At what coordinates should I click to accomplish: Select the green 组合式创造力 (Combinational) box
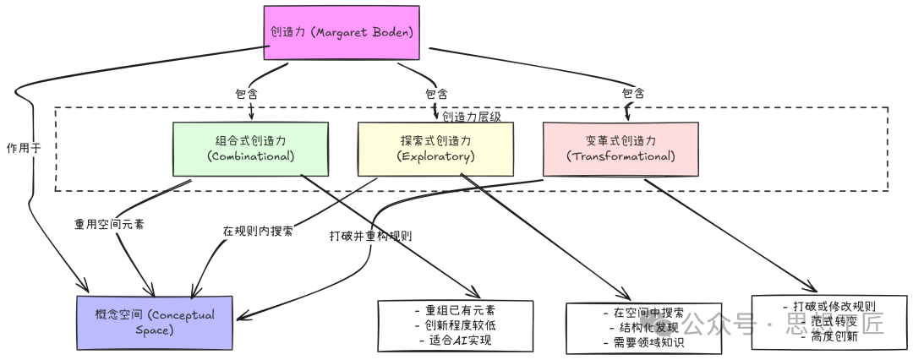click(250, 149)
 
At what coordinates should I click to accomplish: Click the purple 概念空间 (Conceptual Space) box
click(155, 322)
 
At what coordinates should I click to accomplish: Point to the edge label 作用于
click(23, 147)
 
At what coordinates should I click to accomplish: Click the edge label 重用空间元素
click(108, 224)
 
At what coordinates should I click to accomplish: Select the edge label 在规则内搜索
click(259, 231)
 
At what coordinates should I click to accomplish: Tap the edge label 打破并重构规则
click(370, 236)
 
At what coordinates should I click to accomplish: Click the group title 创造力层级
click(472, 117)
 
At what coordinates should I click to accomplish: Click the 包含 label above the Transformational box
click(633, 93)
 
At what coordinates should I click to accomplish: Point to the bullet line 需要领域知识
click(642, 343)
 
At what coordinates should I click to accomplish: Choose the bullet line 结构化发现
click(642, 328)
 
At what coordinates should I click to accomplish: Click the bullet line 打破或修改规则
click(828, 306)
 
